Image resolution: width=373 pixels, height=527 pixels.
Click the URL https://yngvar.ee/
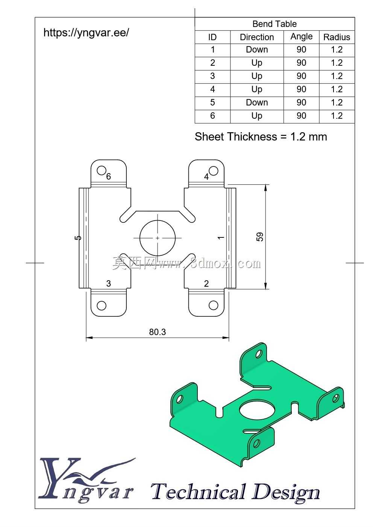(x=86, y=33)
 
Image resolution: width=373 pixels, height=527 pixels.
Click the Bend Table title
(x=274, y=24)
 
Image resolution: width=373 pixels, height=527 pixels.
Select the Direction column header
(x=257, y=37)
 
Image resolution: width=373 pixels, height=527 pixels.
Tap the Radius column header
(x=337, y=37)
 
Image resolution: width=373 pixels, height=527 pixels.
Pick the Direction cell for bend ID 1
(x=257, y=50)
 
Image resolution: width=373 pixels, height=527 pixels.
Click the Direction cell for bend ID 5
(x=257, y=103)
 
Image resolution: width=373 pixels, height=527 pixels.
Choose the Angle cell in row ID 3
(x=302, y=76)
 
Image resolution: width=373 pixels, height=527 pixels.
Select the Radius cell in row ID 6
(x=337, y=116)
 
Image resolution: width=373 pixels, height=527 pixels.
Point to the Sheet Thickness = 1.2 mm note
(x=261, y=137)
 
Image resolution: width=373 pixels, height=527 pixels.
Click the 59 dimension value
(x=260, y=237)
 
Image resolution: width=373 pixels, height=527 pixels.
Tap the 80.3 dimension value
(x=157, y=332)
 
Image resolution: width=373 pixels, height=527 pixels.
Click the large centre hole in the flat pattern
(x=158, y=238)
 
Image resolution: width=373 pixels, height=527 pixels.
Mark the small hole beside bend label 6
(x=101, y=171)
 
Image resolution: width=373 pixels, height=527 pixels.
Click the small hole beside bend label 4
(x=213, y=171)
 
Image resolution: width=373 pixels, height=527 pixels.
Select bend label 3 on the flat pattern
(x=108, y=284)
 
